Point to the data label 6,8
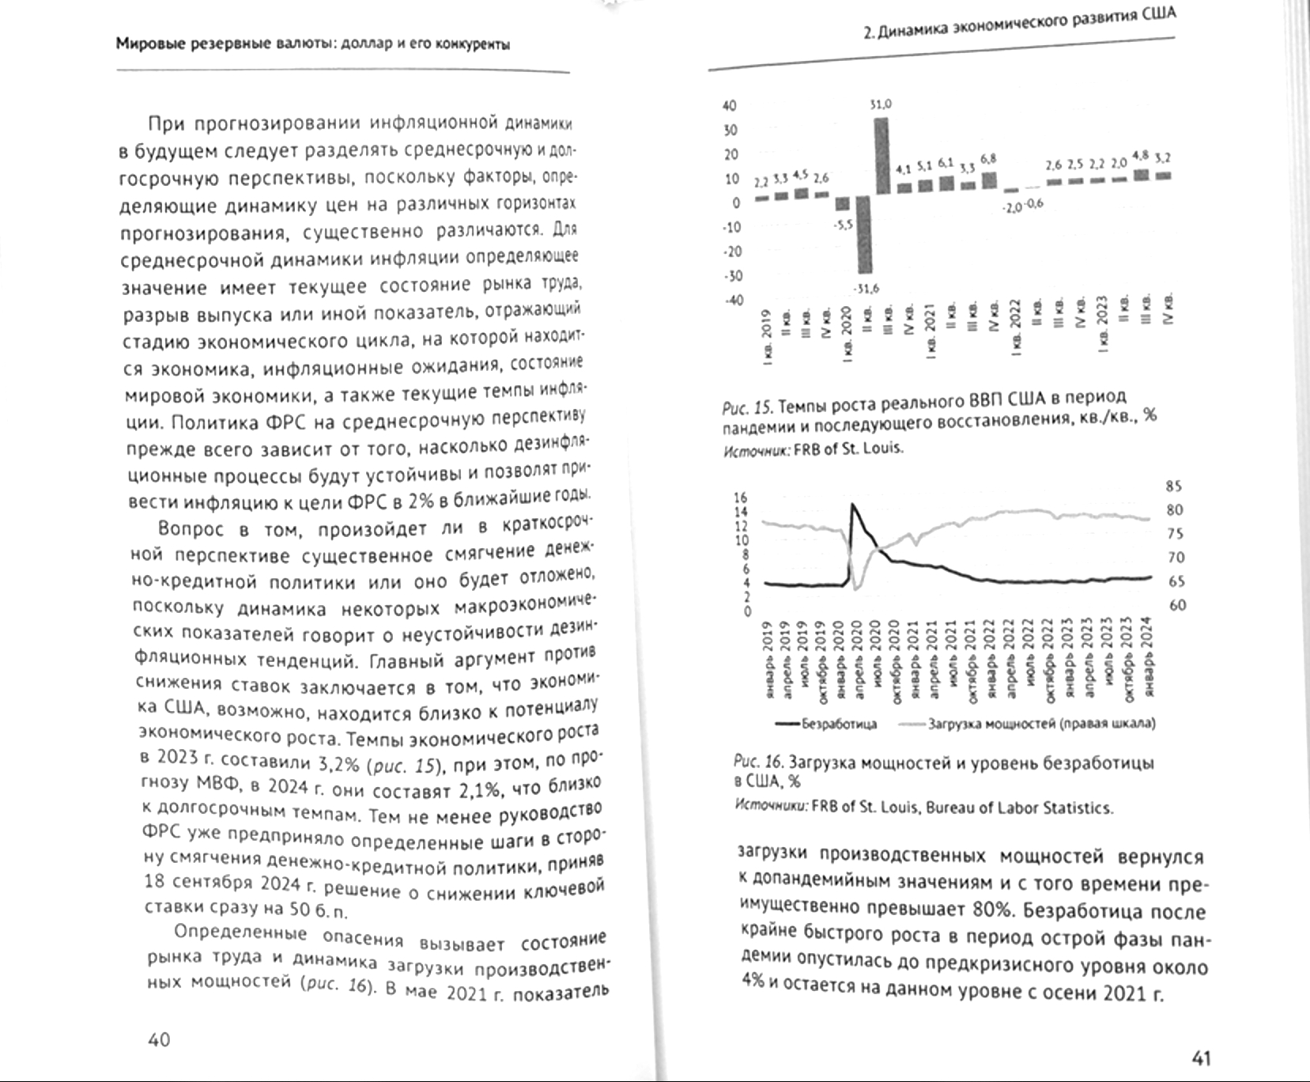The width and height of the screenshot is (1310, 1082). [x=988, y=159]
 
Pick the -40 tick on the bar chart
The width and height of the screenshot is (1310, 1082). [x=734, y=301]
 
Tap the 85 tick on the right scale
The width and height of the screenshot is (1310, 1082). [x=1174, y=486]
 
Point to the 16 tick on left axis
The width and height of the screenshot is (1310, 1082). [x=741, y=497]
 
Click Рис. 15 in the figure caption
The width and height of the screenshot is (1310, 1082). [x=747, y=408]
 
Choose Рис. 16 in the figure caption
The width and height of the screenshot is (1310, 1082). [x=758, y=762]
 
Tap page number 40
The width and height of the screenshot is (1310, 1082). [x=159, y=1039]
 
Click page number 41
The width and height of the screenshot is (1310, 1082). [x=1201, y=1057]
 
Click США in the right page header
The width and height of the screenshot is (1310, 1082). [x=1158, y=14]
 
